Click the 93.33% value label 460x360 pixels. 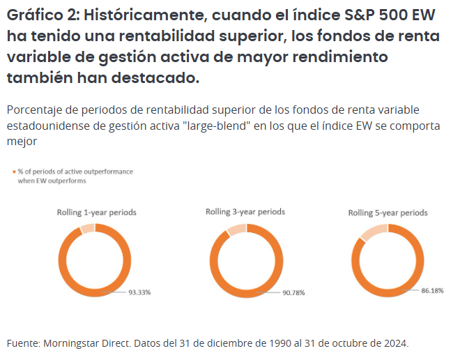tap(139, 292)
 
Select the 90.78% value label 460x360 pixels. tap(293, 292)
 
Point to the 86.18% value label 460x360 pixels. tap(432, 290)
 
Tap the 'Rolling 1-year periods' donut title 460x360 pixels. tap(97, 211)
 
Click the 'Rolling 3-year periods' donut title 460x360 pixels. tap(245, 211)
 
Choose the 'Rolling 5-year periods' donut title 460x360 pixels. tap(388, 213)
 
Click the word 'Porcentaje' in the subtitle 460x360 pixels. tap(34, 111)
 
